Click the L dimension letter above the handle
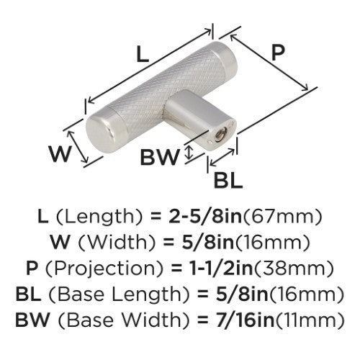[143, 55]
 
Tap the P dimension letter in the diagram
[278, 52]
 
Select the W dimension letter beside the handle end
[60, 153]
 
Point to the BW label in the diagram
[160, 157]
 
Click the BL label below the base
[228, 180]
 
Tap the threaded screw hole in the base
[220, 134]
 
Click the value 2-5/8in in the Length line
[204, 216]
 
